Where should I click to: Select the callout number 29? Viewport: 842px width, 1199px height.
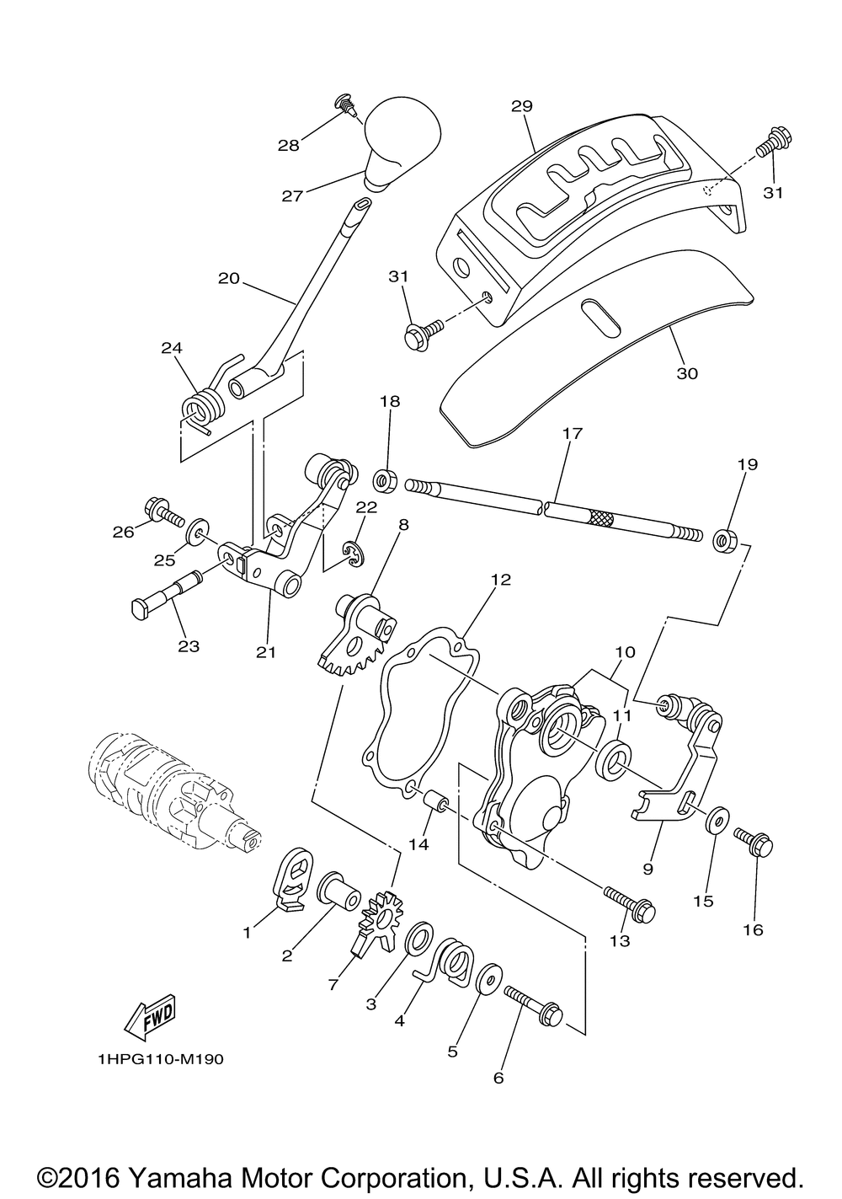click(522, 106)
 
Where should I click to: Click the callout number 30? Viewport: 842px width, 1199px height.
click(687, 373)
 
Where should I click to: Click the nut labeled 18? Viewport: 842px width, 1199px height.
click(384, 479)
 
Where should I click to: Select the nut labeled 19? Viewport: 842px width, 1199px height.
click(725, 541)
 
